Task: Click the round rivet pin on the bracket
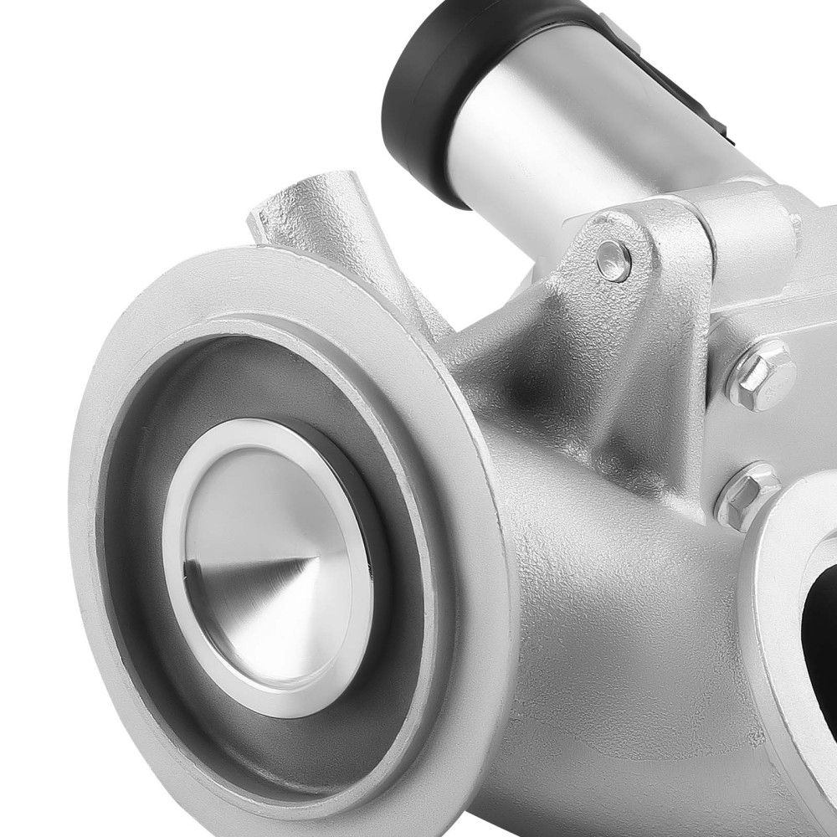click(614, 260)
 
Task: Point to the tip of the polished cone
click(316, 557)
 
